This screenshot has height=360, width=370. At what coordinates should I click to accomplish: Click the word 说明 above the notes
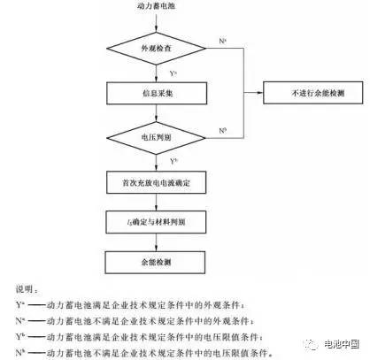[25, 288]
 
